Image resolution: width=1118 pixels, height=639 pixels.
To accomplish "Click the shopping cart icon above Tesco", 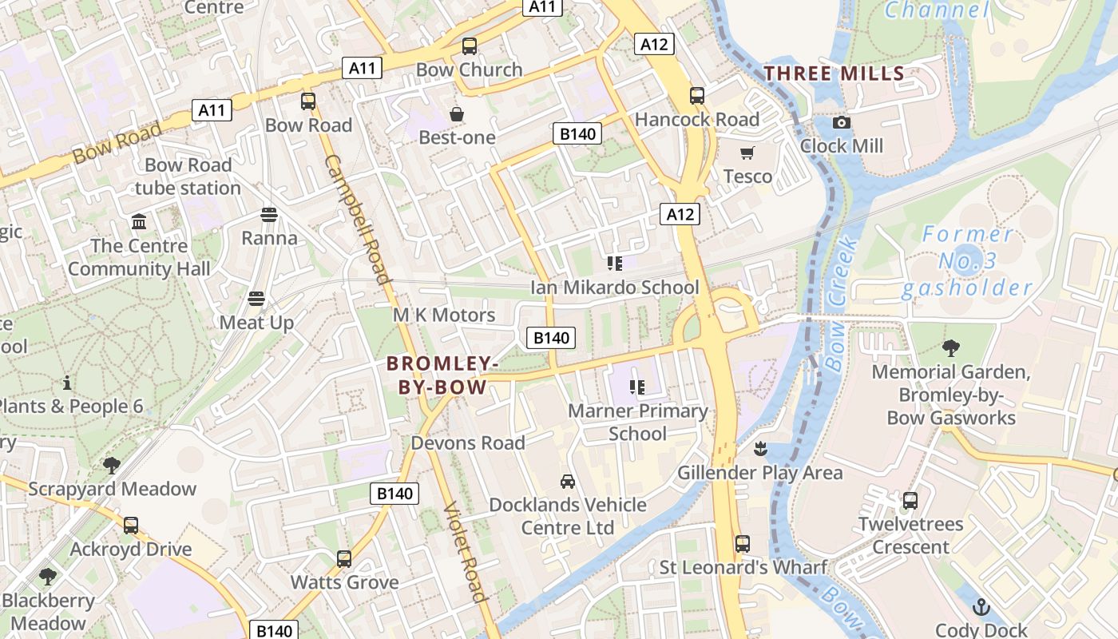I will coord(747,153).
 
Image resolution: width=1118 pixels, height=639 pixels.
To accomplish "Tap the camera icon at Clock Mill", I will coord(841,123).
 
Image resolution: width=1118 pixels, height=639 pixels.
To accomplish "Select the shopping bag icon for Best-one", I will coord(457,114).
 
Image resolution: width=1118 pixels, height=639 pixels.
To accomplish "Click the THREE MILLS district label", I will coord(834,74).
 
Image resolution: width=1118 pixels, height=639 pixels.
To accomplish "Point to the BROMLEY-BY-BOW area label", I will coord(442,375).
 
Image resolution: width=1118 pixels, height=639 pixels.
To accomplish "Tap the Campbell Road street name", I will coord(357,219).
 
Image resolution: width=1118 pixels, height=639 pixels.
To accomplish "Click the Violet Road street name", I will coord(464,551).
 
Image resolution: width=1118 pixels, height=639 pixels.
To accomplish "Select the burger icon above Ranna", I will coord(269,215).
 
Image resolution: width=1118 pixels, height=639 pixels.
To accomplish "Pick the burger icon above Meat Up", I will coord(256,299).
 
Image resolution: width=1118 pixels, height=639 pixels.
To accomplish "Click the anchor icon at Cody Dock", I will coord(981,607).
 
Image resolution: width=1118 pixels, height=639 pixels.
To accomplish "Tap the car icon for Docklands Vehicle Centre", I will coord(567,482).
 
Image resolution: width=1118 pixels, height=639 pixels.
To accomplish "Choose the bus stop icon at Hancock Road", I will coord(697,96).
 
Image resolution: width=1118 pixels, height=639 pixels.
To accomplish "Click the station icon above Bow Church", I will coord(470,46).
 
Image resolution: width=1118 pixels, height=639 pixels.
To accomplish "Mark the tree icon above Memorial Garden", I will coord(950,348).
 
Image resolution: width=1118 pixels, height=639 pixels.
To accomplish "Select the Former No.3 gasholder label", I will coord(967,261).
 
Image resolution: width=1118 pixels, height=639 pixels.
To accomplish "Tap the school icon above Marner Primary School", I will coord(636,387).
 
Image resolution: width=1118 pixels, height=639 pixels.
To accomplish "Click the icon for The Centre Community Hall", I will coord(139,221).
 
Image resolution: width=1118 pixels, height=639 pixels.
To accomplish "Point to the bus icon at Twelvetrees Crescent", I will coord(910,501).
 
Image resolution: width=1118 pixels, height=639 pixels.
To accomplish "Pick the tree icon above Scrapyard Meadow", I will coord(112,465).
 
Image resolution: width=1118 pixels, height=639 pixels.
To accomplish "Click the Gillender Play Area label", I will coord(759,473).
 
